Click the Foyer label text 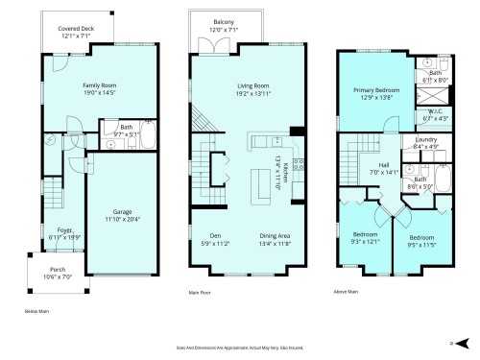[64, 230]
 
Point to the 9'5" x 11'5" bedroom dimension [420, 244]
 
